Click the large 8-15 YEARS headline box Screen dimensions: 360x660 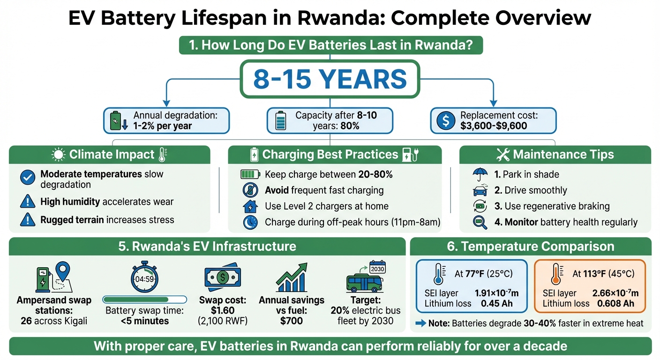coord(330,79)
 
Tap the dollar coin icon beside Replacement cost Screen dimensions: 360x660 coord(445,121)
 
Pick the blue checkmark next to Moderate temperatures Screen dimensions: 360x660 coord(28,177)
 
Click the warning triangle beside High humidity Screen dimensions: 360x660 coord(28,202)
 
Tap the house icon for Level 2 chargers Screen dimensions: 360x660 coord(249,206)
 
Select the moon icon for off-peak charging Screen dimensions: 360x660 coord(249,223)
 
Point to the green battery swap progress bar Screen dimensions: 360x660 coord(144,300)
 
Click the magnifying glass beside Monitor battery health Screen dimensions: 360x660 coord(480,223)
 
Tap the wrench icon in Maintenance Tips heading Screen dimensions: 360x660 coord(502,155)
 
